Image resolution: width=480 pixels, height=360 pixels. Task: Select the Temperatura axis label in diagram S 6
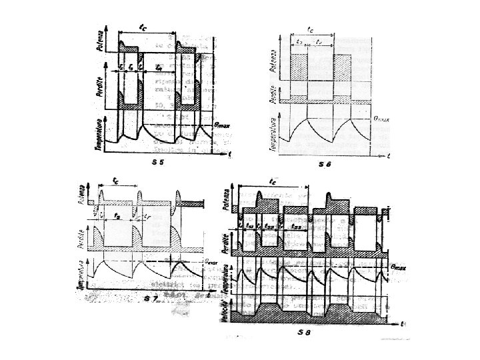273,131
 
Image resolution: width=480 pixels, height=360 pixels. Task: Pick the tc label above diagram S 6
311,29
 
